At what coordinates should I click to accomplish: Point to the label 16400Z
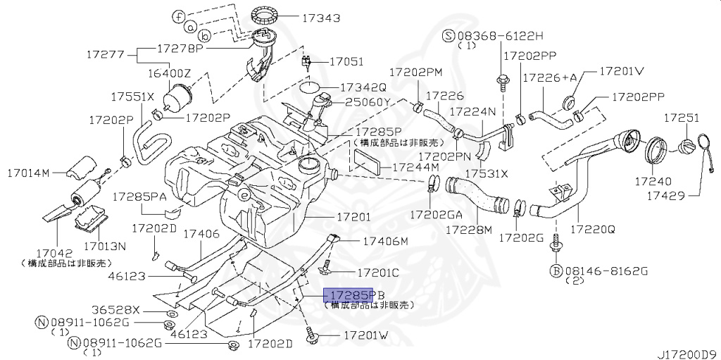(x=168, y=73)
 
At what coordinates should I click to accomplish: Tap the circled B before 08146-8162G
(x=556, y=270)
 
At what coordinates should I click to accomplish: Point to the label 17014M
(x=29, y=172)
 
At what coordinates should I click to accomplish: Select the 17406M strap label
(x=384, y=242)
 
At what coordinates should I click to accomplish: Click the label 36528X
(x=117, y=310)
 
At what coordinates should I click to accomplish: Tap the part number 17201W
(x=365, y=336)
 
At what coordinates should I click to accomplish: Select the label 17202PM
(x=416, y=72)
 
